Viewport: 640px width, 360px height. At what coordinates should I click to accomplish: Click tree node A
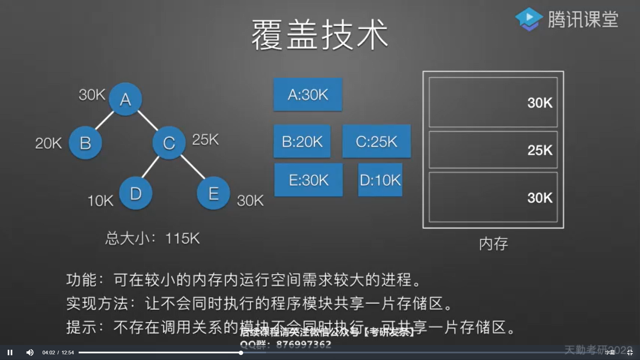pyautogui.click(x=125, y=99)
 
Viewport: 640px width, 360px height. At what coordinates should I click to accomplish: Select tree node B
pyautogui.click(x=85, y=143)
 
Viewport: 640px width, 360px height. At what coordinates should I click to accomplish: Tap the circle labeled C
pyautogui.click(x=169, y=143)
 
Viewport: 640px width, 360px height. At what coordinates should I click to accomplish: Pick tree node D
pyautogui.click(x=136, y=193)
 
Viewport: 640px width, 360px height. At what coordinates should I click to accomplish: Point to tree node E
pyautogui.click(x=213, y=193)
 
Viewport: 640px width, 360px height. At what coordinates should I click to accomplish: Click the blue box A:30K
pyautogui.click(x=308, y=95)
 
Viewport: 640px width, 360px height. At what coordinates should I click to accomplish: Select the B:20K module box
pyautogui.click(x=302, y=141)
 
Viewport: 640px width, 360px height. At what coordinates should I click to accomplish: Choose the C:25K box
pyautogui.click(x=376, y=141)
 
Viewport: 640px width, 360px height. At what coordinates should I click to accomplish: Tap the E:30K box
pyautogui.click(x=308, y=180)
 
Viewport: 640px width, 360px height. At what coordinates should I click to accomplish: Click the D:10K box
pyautogui.click(x=380, y=180)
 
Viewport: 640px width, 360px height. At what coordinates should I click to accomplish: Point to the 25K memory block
pyautogui.click(x=493, y=150)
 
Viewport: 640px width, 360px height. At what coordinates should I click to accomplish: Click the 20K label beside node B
pyautogui.click(x=48, y=143)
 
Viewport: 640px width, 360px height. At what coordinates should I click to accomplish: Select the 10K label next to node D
pyautogui.click(x=100, y=201)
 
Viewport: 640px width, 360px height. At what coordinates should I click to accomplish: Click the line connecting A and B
pyautogui.click(x=105, y=120)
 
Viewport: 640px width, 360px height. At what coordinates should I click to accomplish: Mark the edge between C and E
pyautogui.click(x=193, y=167)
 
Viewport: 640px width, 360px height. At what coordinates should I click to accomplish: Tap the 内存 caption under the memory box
pyautogui.click(x=493, y=244)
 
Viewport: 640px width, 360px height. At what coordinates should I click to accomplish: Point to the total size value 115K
pyautogui.click(x=182, y=238)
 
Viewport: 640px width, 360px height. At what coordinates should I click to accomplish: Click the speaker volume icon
pyautogui.click(x=30, y=352)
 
